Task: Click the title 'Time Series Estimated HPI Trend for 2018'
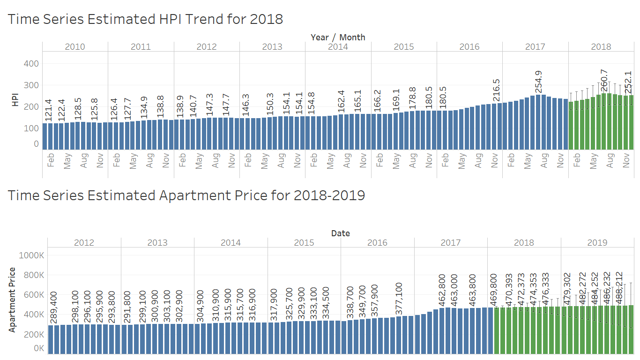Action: point(145,19)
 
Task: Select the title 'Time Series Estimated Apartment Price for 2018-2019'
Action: point(186,195)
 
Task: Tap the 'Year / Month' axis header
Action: point(338,37)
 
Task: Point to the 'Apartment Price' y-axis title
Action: point(13,300)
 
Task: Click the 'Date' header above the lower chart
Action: point(341,233)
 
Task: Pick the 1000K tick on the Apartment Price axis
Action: point(31,255)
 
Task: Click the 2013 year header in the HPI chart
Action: point(272,46)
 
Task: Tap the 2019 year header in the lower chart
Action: point(597,242)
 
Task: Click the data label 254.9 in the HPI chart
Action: point(538,82)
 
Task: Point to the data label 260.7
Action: point(604,80)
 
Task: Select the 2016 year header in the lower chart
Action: point(377,242)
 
